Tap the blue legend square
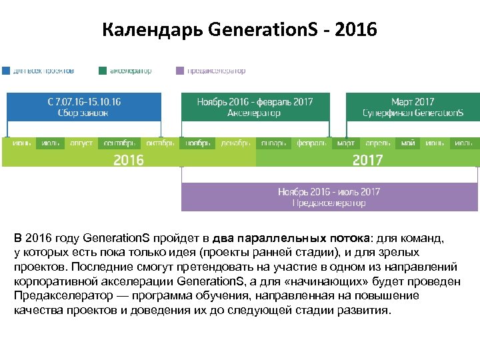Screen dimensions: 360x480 (x=6, y=70)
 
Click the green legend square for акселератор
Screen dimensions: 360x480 (x=103, y=70)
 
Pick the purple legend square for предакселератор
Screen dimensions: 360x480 (x=180, y=70)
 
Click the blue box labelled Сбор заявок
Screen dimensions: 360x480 (x=84, y=107)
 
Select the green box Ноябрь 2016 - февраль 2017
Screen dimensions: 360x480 (x=255, y=107)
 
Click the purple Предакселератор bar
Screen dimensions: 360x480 (x=329, y=197)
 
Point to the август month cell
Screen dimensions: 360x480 (x=81, y=143)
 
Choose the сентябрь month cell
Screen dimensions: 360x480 (x=119, y=143)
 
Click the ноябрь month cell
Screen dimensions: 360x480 (x=198, y=143)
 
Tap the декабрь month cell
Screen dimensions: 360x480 (x=235, y=143)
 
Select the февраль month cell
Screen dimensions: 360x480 (x=311, y=143)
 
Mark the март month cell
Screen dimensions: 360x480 (x=345, y=143)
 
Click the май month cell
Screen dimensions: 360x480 (x=407, y=143)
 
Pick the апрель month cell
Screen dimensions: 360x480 (x=377, y=143)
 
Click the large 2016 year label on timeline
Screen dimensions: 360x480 (x=128, y=160)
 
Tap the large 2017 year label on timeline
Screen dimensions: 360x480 (x=367, y=160)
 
